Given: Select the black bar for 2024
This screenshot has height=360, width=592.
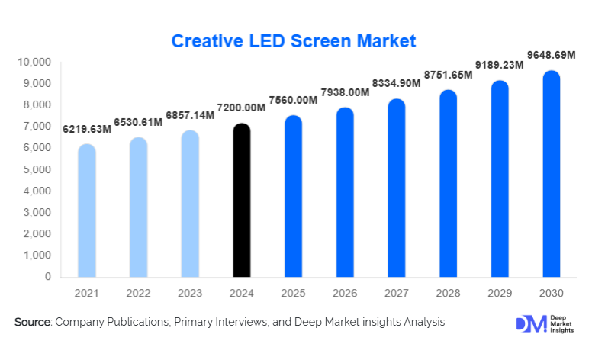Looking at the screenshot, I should point(241,202).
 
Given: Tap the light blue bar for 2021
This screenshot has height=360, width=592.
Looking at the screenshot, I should point(87,212).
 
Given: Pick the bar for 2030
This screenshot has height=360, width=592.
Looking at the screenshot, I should point(552,175).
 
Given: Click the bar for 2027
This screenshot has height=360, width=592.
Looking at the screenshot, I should point(397,189).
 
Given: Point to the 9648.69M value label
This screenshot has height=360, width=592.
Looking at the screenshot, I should point(553,56).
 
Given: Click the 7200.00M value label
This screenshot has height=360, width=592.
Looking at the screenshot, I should point(242,108).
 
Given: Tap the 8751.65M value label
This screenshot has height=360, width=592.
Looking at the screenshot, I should point(449,77).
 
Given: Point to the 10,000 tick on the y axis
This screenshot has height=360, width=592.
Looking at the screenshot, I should point(34,62).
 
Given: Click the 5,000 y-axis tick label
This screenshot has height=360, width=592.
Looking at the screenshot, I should point(37,169).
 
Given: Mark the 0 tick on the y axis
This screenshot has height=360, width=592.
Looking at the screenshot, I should point(47,277).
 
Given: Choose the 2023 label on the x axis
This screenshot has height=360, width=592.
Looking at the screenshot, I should point(190,293).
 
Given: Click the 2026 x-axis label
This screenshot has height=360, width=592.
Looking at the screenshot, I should point(345,293).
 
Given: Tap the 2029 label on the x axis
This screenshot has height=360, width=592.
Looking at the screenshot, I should point(500,293).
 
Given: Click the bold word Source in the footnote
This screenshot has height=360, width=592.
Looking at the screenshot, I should point(32,323).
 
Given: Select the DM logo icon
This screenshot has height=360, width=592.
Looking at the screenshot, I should point(532,324).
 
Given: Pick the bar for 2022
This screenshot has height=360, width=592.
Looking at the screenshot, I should point(138,208).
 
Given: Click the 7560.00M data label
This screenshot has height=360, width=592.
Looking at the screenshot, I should point(293,100).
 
